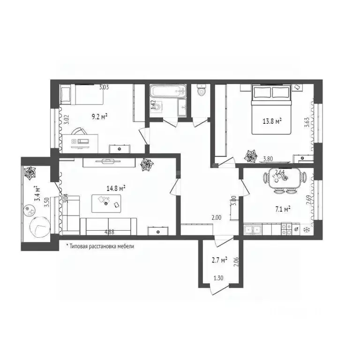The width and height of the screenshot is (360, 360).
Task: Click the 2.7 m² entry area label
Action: pos(219,259)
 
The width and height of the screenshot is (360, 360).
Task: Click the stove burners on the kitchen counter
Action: pos(285,230)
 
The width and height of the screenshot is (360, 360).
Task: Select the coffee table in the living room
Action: pos(106,202)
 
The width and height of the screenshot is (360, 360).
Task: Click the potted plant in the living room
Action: pos(148,165)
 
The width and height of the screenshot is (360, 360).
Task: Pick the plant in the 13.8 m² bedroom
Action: pos(252,155)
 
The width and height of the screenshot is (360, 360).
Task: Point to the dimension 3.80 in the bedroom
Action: pos(268,159)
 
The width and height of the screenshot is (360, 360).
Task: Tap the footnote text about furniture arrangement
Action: pos(100,246)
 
